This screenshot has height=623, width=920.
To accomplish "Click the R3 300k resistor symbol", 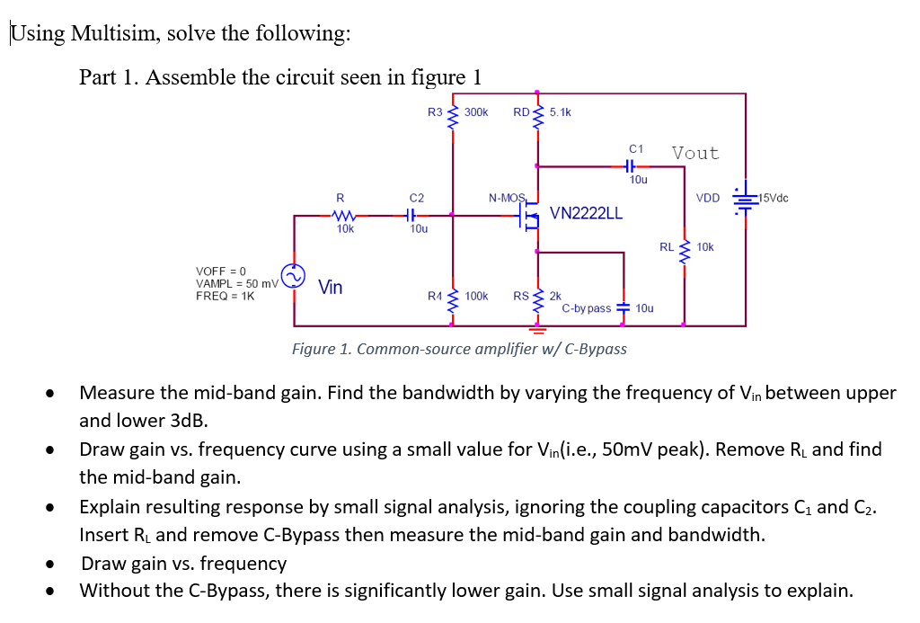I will tap(452, 114).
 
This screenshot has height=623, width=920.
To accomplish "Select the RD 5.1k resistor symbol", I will tap(537, 114).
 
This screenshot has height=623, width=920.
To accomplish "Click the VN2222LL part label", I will tap(586, 214).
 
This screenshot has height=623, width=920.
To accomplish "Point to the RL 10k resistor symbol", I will tap(685, 247).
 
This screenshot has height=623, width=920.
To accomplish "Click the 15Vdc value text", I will tap(773, 198).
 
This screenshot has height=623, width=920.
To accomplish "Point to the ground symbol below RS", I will tap(537, 329).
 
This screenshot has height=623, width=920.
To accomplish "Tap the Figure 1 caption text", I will tap(459, 349).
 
